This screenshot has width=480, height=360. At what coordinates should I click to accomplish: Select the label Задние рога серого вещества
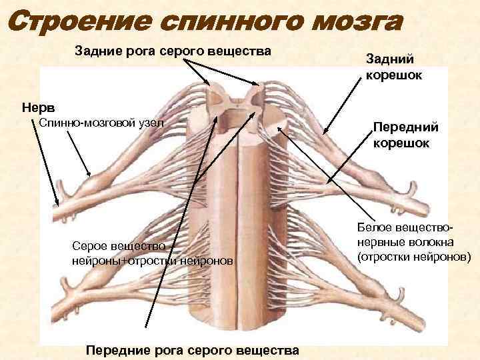(173, 51)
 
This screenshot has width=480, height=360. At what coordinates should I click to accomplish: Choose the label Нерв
(39, 107)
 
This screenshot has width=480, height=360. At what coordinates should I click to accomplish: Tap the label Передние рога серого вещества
(193, 351)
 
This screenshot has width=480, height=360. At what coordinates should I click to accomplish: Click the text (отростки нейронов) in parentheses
(413, 256)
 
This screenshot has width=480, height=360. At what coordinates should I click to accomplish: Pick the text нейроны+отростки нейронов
(153, 260)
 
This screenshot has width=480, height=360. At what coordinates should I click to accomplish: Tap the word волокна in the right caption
(431, 243)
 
